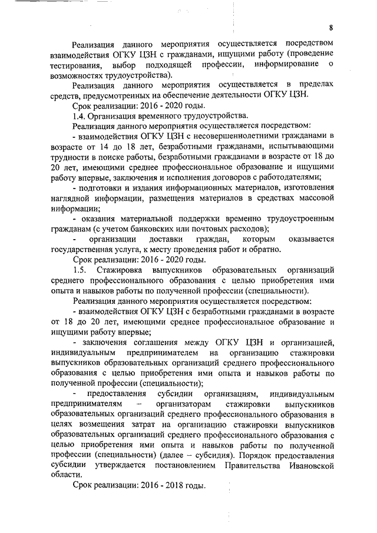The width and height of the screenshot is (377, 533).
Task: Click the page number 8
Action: (x=331, y=28)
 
